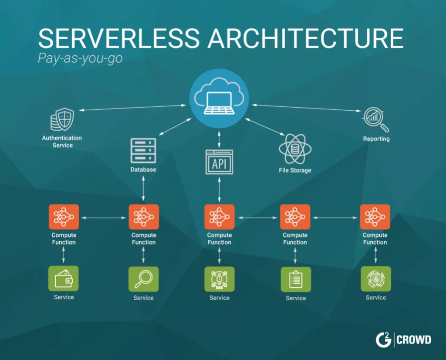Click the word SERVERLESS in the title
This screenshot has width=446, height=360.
click(119, 38)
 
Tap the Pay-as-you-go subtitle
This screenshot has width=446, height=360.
click(80, 58)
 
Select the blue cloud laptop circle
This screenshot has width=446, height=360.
click(219, 98)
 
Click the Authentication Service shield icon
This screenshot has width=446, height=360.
click(62, 119)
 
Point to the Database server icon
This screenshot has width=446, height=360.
click(143, 151)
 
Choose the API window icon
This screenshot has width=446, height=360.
click(220, 162)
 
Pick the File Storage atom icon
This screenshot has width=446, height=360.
click(295, 149)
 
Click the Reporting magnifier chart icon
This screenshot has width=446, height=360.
click(376, 119)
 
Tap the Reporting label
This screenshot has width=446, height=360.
click(376, 139)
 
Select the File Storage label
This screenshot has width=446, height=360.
click(295, 170)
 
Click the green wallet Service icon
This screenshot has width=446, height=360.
click(64, 278)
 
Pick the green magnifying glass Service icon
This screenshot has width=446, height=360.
click(143, 279)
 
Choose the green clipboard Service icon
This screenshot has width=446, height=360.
click(296, 279)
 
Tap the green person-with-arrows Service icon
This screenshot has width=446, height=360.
click(220, 279)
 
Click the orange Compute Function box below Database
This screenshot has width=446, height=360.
click(144, 217)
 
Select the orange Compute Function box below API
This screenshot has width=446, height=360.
click(220, 217)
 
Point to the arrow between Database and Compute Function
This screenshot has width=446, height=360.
click(143, 189)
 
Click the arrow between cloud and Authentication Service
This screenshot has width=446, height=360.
click(132, 108)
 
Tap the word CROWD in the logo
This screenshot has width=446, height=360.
click(414, 340)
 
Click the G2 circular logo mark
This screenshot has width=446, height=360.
click(383, 340)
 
